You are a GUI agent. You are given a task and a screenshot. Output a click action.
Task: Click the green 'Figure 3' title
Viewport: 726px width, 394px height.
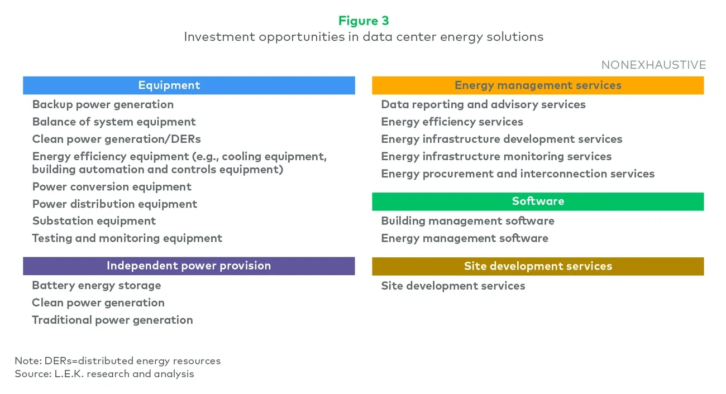pos(363,21)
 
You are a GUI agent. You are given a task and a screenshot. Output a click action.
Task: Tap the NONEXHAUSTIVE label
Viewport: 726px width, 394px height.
pos(653,65)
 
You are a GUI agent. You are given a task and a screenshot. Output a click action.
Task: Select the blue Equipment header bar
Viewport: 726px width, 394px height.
pos(189,85)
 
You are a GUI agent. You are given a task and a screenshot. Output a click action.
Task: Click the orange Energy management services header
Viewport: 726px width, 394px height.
pos(538,85)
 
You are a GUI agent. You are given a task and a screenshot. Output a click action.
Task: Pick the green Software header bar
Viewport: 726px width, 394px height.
pos(538,201)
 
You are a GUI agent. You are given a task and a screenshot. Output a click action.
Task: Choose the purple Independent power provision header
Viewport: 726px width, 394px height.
pos(189,266)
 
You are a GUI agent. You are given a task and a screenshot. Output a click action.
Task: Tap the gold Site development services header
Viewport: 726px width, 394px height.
pos(538,266)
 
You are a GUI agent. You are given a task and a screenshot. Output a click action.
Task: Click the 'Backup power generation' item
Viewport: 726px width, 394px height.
pos(103,104)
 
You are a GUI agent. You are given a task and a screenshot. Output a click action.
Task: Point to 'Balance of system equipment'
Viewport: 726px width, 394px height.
pos(114,122)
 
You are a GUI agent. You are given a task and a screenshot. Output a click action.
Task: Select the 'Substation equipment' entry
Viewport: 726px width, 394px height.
pos(94,221)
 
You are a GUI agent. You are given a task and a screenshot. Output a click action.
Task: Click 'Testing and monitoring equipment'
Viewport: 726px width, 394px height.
pos(127,238)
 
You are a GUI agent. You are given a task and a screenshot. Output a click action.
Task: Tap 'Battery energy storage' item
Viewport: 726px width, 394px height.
pos(97,286)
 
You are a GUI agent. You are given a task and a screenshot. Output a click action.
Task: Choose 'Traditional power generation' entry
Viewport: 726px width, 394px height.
pos(112,320)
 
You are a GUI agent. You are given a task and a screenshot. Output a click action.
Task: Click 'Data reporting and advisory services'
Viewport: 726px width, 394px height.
pos(483,104)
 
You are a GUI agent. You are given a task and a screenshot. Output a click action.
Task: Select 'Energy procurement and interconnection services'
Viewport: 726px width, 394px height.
pos(518,174)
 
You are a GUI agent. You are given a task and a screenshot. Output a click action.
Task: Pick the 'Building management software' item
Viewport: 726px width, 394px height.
pos(467,221)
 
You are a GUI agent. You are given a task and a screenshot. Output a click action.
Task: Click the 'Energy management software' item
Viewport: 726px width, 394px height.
pos(465,238)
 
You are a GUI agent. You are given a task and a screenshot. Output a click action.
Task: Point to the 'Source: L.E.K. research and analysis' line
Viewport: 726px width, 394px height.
pos(104,374)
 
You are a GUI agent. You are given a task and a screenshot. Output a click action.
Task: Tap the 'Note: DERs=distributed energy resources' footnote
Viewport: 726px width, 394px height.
pos(117,361)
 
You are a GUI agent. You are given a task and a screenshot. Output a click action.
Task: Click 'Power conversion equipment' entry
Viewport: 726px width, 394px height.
pos(112,187)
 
